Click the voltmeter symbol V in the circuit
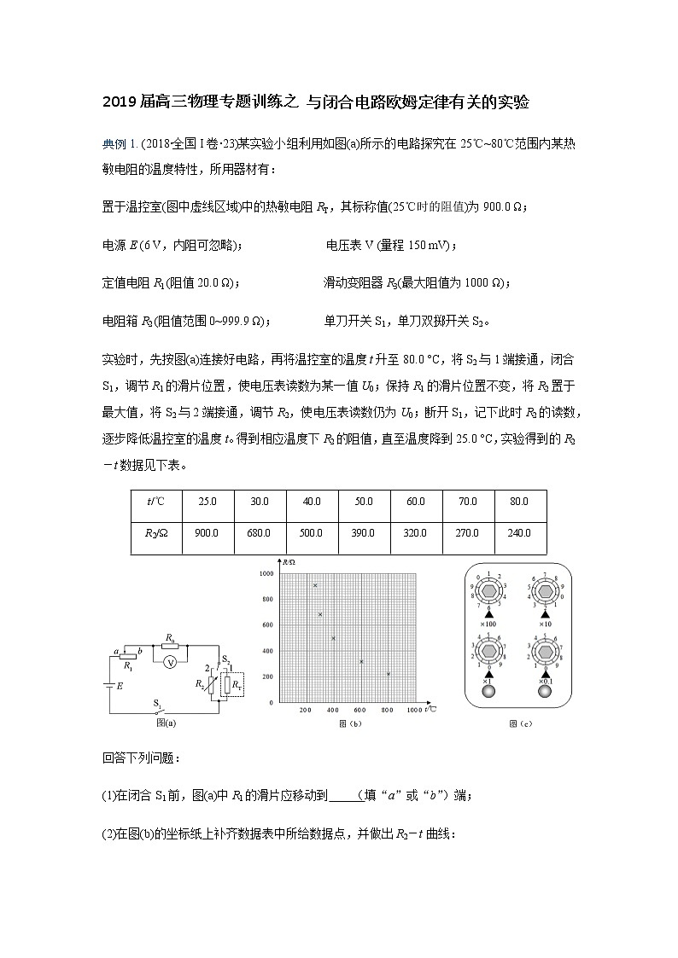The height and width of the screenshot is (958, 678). pyautogui.click(x=171, y=662)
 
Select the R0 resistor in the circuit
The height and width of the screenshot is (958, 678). pyautogui.click(x=171, y=645)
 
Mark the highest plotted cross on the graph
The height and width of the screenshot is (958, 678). pyautogui.click(x=315, y=585)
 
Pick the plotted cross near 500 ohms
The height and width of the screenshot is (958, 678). pyautogui.click(x=333, y=638)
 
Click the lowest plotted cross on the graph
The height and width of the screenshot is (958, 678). pyautogui.click(x=389, y=674)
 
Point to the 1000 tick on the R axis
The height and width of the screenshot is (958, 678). pyautogui.click(x=266, y=574)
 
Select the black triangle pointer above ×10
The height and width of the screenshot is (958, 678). pyautogui.click(x=545, y=614)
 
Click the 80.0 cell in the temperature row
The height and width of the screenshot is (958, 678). pyautogui.click(x=517, y=502)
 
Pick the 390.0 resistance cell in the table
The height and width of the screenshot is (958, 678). pyautogui.click(x=363, y=532)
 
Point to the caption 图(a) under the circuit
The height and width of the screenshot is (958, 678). pyautogui.click(x=166, y=723)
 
